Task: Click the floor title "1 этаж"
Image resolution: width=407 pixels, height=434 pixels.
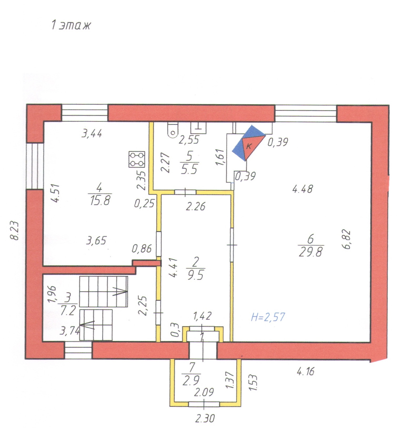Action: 71,26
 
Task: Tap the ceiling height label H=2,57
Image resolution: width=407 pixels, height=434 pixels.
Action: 268,317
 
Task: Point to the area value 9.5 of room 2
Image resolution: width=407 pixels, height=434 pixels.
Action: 195,275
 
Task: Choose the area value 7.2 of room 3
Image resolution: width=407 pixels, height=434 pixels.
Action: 68,311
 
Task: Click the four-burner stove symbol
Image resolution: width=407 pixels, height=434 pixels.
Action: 137,159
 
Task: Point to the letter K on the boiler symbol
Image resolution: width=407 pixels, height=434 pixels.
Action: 249,146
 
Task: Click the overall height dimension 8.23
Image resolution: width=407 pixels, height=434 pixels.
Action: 14,231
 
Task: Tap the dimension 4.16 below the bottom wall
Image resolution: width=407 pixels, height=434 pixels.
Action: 305,372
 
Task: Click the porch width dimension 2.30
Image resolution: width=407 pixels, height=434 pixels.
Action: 205,418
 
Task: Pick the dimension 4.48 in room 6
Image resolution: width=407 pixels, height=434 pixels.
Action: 303,189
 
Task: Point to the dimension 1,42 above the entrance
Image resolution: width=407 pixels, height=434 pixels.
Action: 202,316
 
